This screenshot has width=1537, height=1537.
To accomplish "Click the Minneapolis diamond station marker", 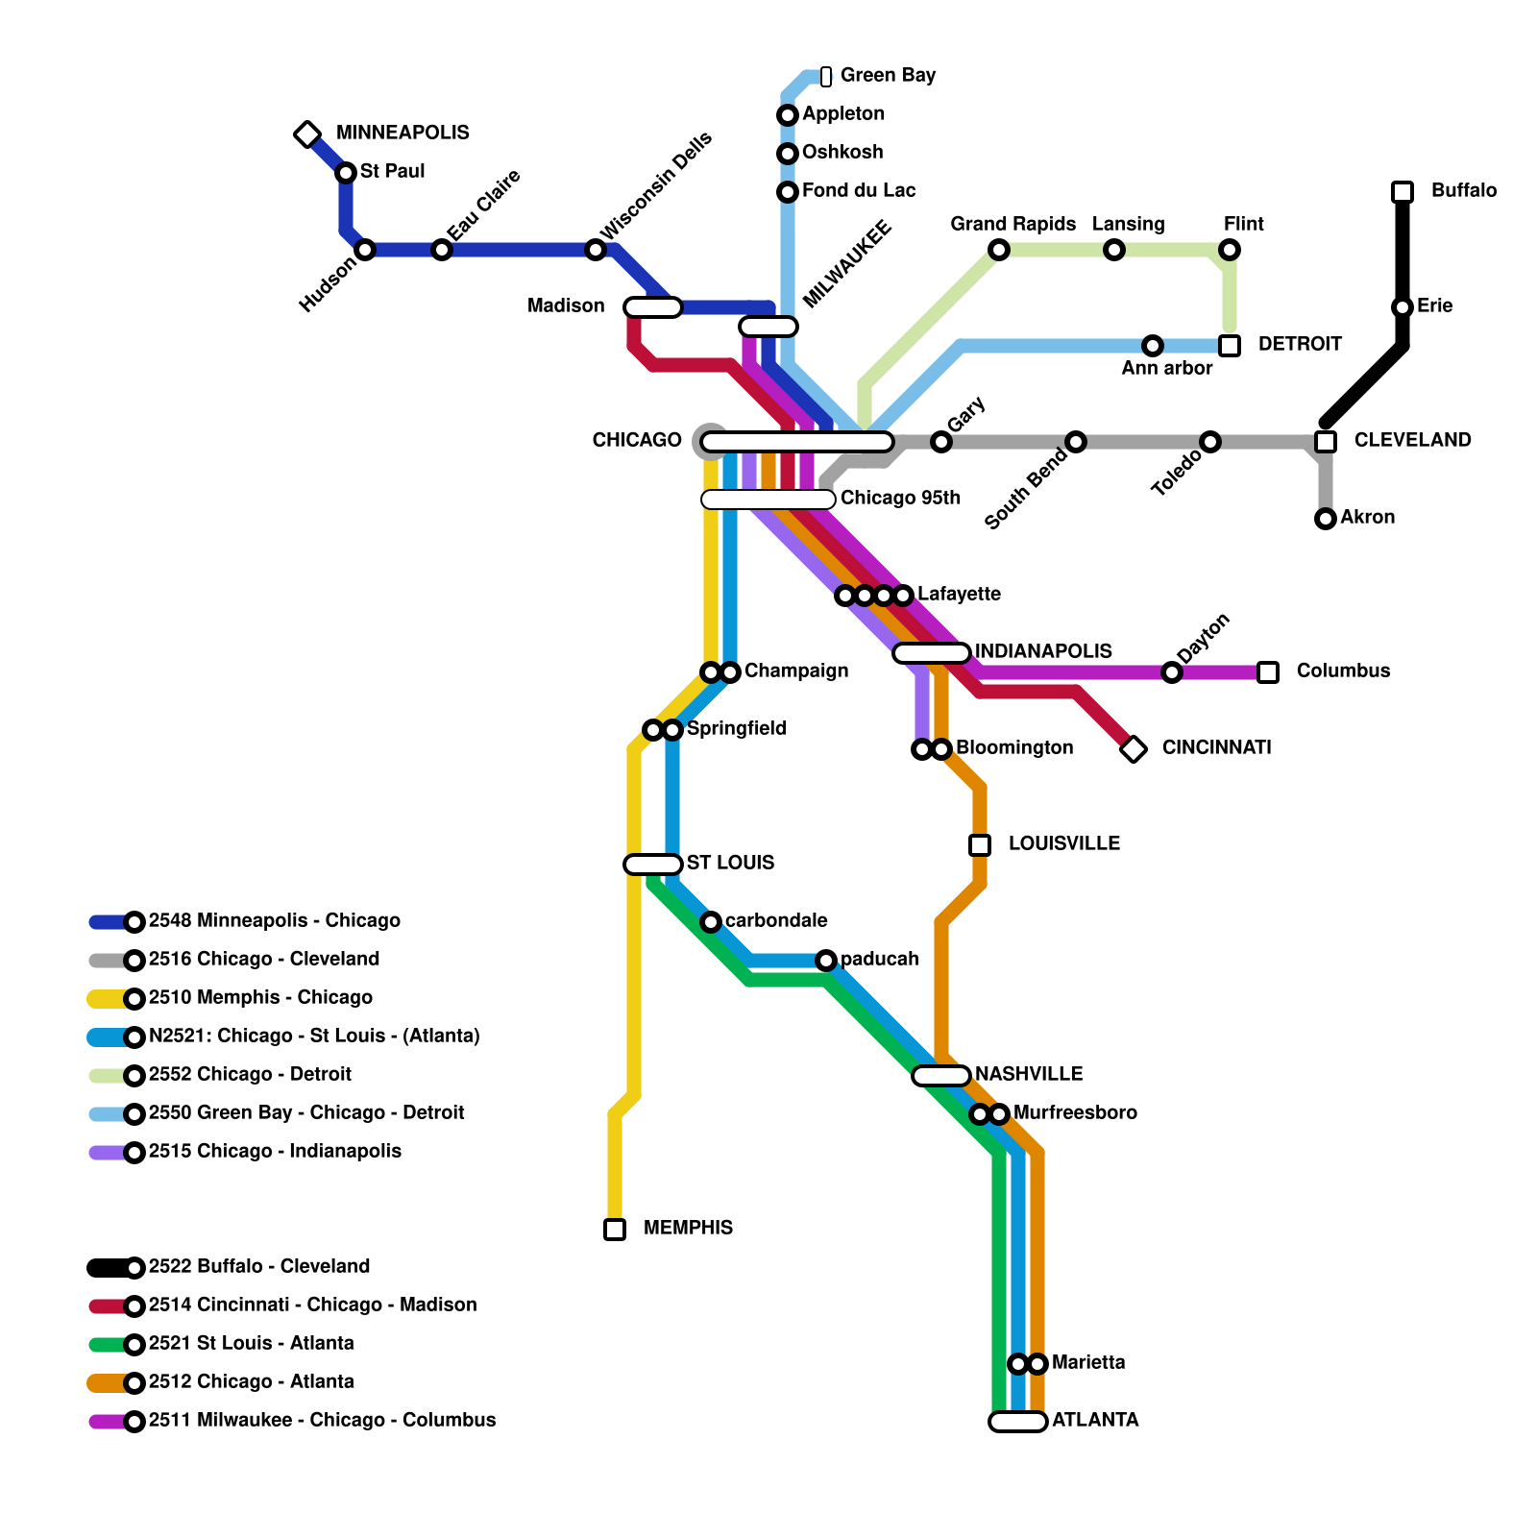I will pyautogui.click(x=307, y=134).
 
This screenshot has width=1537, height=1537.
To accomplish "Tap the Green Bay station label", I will pyautogui.click(x=887, y=76).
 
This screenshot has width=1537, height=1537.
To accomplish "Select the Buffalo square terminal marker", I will pyautogui.click(x=1403, y=192).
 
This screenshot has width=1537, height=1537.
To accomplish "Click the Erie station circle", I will pyautogui.click(x=1403, y=307).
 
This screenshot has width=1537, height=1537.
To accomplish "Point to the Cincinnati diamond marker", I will pyautogui.click(x=1134, y=749).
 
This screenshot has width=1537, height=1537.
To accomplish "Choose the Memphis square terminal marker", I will pyautogui.click(x=615, y=1230).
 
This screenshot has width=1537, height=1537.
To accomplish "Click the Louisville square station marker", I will pyautogui.click(x=980, y=845).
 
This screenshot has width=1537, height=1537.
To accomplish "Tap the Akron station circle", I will pyautogui.click(x=1326, y=519).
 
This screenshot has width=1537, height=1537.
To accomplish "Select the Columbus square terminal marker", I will pyautogui.click(x=1268, y=672).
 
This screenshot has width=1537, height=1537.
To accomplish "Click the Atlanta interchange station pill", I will pyautogui.click(x=1018, y=1422).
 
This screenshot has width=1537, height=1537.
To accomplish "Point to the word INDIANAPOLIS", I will pyautogui.click(x=1043, y=652).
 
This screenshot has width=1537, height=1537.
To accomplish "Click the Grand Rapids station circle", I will pyautogui.click(x=999, y=250).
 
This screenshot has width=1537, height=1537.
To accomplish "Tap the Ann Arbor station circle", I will pyautogui.click(x=1153, y=346).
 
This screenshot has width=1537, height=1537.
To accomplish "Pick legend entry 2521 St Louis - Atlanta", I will pyautogui.click(x=251, y=1344).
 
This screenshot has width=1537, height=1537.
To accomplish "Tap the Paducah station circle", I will pyautogui.click(x=826, y=961).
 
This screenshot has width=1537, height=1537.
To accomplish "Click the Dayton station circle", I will pyautogui.click(x=1172, y=672).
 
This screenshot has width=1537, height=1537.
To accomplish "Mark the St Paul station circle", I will pyautogui.click(x=346, y=173).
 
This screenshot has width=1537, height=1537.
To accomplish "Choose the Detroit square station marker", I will pyautogui.click(x=1230, y=346).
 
